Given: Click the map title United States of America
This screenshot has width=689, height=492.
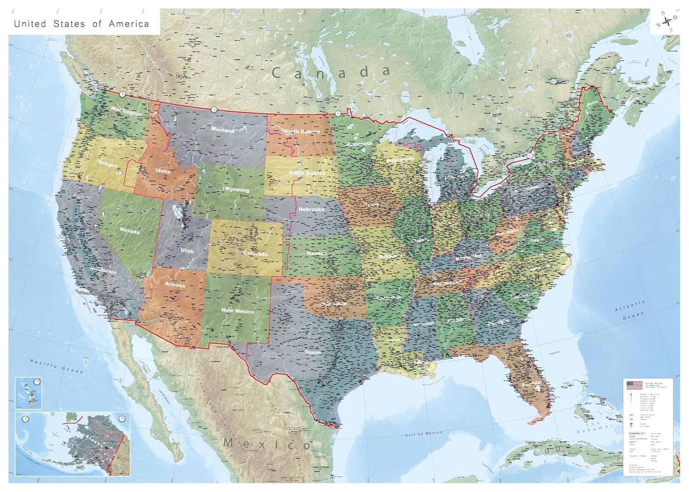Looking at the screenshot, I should tap(81, 24).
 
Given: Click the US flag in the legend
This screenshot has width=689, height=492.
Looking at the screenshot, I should tap(634, 385).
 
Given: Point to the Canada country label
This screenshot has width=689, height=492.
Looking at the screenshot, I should tap(331, 73).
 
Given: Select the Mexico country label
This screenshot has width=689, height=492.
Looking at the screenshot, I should tap(267, 444).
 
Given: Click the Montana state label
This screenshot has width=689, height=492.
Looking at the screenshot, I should tap(223, 130).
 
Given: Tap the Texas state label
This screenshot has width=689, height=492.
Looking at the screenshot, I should tap(313, 352).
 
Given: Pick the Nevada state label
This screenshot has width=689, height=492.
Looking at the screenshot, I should tap(130, 231).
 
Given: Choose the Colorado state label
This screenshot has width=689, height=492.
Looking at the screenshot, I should tap(255, 254).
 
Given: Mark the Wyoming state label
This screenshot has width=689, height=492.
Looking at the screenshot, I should tap(237, 189).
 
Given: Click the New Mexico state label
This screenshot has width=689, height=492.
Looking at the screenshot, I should tap(238, 311).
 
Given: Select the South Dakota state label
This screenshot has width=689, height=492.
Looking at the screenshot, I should tap(307, 173).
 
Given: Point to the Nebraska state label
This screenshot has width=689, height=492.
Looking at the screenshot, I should tap(311, 209).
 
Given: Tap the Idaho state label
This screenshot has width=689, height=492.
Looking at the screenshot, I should tap(163, 171).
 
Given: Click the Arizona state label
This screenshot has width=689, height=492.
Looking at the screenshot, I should tap(175, 285).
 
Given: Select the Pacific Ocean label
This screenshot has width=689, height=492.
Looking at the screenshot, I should tap(51, 366).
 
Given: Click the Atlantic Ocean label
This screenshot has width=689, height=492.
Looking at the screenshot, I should tap(630, 311).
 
